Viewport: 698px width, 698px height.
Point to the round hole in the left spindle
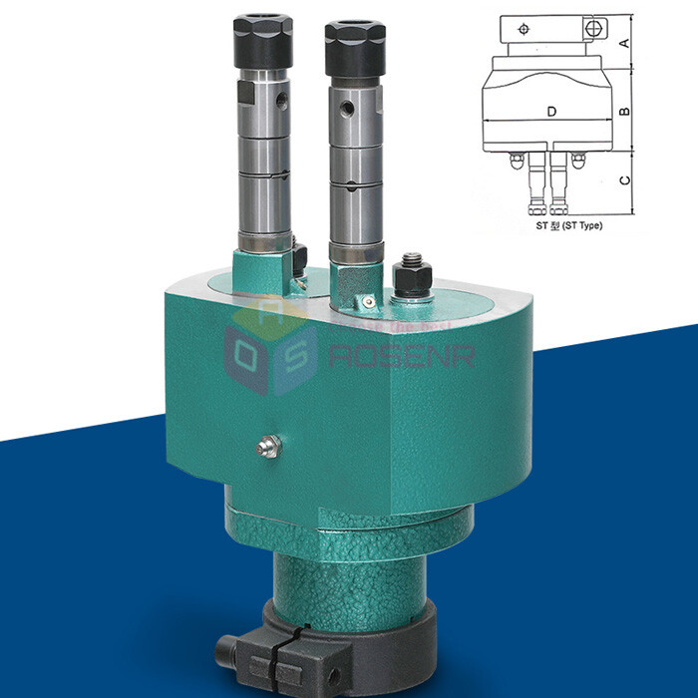pos(283,99)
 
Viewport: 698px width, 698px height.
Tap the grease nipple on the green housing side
pos(267,448)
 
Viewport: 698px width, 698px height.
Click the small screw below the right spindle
pos(369,299)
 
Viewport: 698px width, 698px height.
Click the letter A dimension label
pos(623,42)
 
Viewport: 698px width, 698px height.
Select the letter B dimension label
pos(623,111)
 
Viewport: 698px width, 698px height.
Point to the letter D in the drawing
pos(551,112)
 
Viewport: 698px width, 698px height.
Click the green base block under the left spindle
pos(261,270)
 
